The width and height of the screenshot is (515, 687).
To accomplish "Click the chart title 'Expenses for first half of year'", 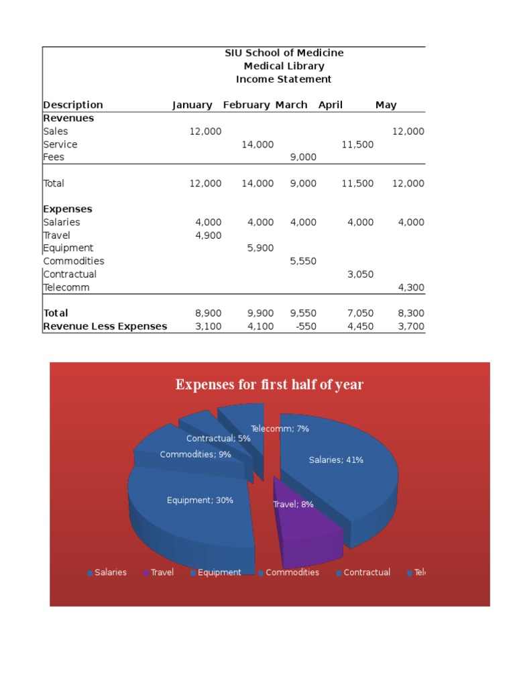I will pyautogui.click(x=270, y=384).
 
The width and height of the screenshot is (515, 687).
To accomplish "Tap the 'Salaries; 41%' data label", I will pyautogui.click(x=336, y=460).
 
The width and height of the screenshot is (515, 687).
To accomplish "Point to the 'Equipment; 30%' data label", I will pyautogui.click(x=200, y=500).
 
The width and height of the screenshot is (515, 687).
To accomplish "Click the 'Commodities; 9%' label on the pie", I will pyautogui.click(x=196, y=454).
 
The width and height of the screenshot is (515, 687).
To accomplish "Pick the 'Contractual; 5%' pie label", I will pyautogui.click(x=219, y=438).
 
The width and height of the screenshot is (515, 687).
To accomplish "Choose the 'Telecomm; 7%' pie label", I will pyautogui.click(x=280, y=428).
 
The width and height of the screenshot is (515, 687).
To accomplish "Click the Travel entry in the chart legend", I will pyautogui.click(x=162, y=572).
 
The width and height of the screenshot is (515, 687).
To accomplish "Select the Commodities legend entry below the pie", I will pyautogui.click(x=292, y=572).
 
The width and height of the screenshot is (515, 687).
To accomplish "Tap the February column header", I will pyautogui.click(x=246, y=105).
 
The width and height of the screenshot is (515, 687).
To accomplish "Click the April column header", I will pyautogui.click(x=330, y=105).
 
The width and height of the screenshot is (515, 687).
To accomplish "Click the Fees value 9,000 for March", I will pyautogui.click(x=303, y=157).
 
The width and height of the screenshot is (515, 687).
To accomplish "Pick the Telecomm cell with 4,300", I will pyautogui.click(x=411, y=287).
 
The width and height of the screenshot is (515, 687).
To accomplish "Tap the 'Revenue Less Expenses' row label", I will pyautogui.click(x=105, y=326).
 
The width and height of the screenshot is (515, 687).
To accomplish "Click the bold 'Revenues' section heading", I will pyautogui.click(x=68, y=118).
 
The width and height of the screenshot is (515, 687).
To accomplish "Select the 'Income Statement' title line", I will pyautogui.click(x=284, y=79).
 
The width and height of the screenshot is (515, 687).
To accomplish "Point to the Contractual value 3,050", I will pyautogui.click(x=360, y=274).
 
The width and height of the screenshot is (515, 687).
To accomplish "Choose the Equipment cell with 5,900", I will pyautogui.click(x=260, y=248).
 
